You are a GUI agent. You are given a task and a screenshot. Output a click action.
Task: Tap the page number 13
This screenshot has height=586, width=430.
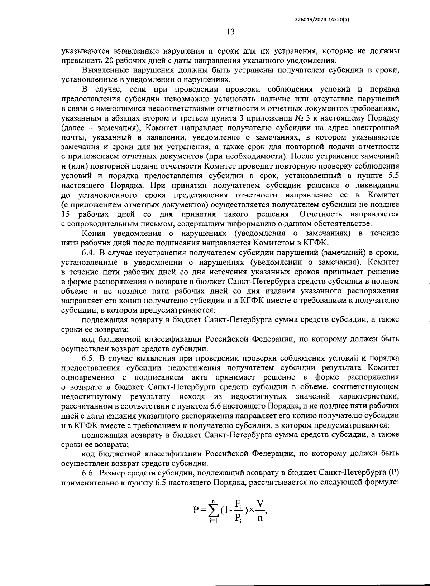[230, 32]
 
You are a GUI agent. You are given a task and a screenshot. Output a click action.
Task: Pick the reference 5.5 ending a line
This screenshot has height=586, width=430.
[393, 176]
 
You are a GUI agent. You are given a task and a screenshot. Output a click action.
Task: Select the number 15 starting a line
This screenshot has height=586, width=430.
[65, 214]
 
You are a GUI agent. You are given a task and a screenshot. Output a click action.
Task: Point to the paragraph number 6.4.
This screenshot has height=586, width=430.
[88, 253]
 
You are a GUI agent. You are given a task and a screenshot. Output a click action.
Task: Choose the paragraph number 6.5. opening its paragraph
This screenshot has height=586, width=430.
[88, 358]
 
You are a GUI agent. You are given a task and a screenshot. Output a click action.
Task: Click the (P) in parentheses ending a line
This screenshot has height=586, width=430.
[393, 473]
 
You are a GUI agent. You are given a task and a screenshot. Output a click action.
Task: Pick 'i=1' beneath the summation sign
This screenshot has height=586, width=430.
[214, 521]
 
